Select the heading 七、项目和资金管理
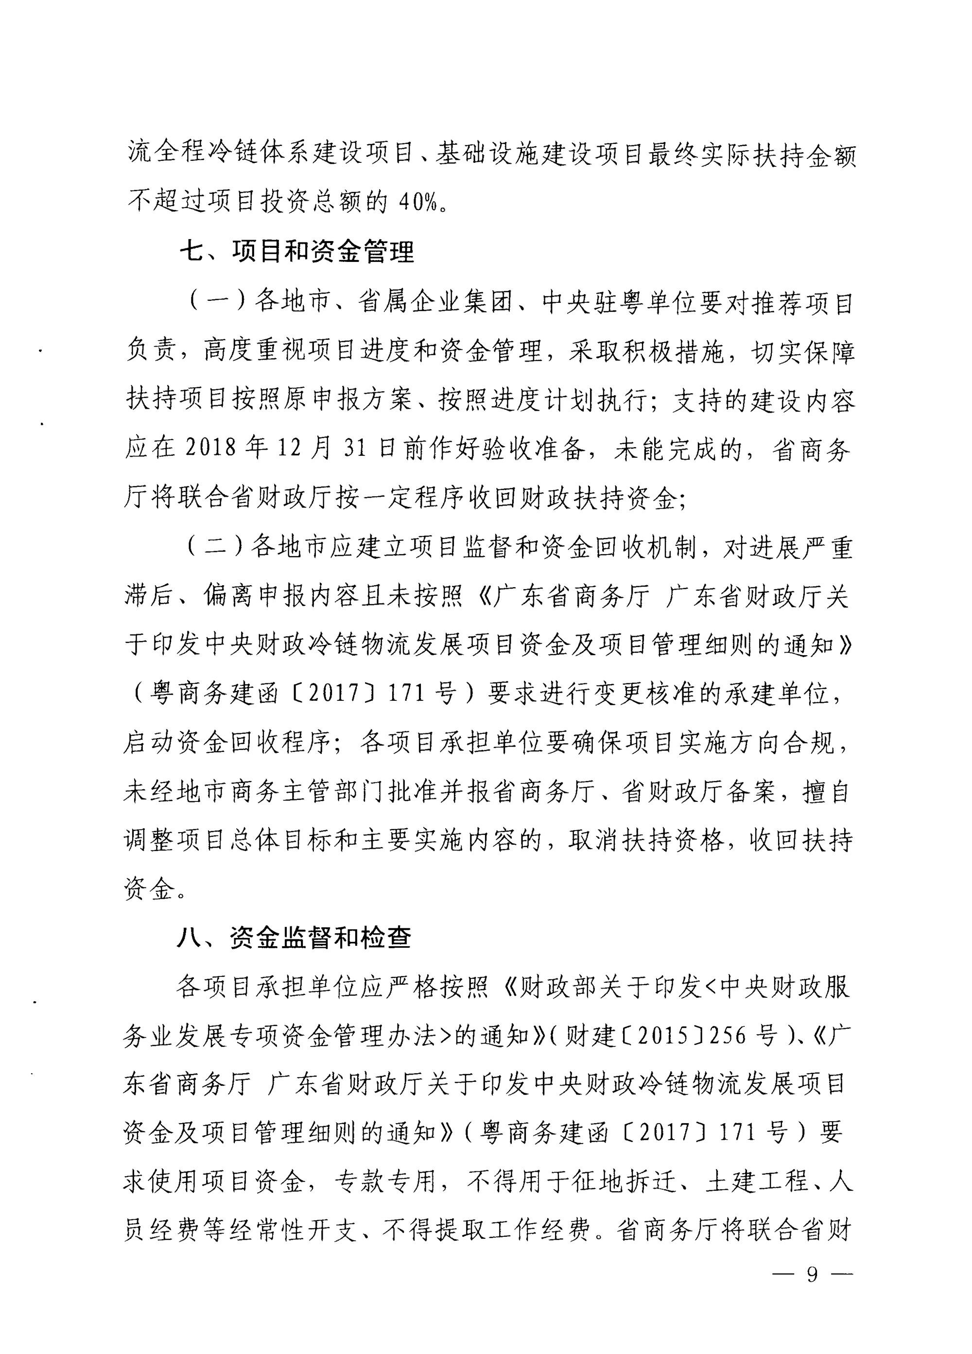[297, 251]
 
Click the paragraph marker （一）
[218, 301]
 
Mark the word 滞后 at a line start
[149, 596]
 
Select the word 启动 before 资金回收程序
[149, 743]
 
